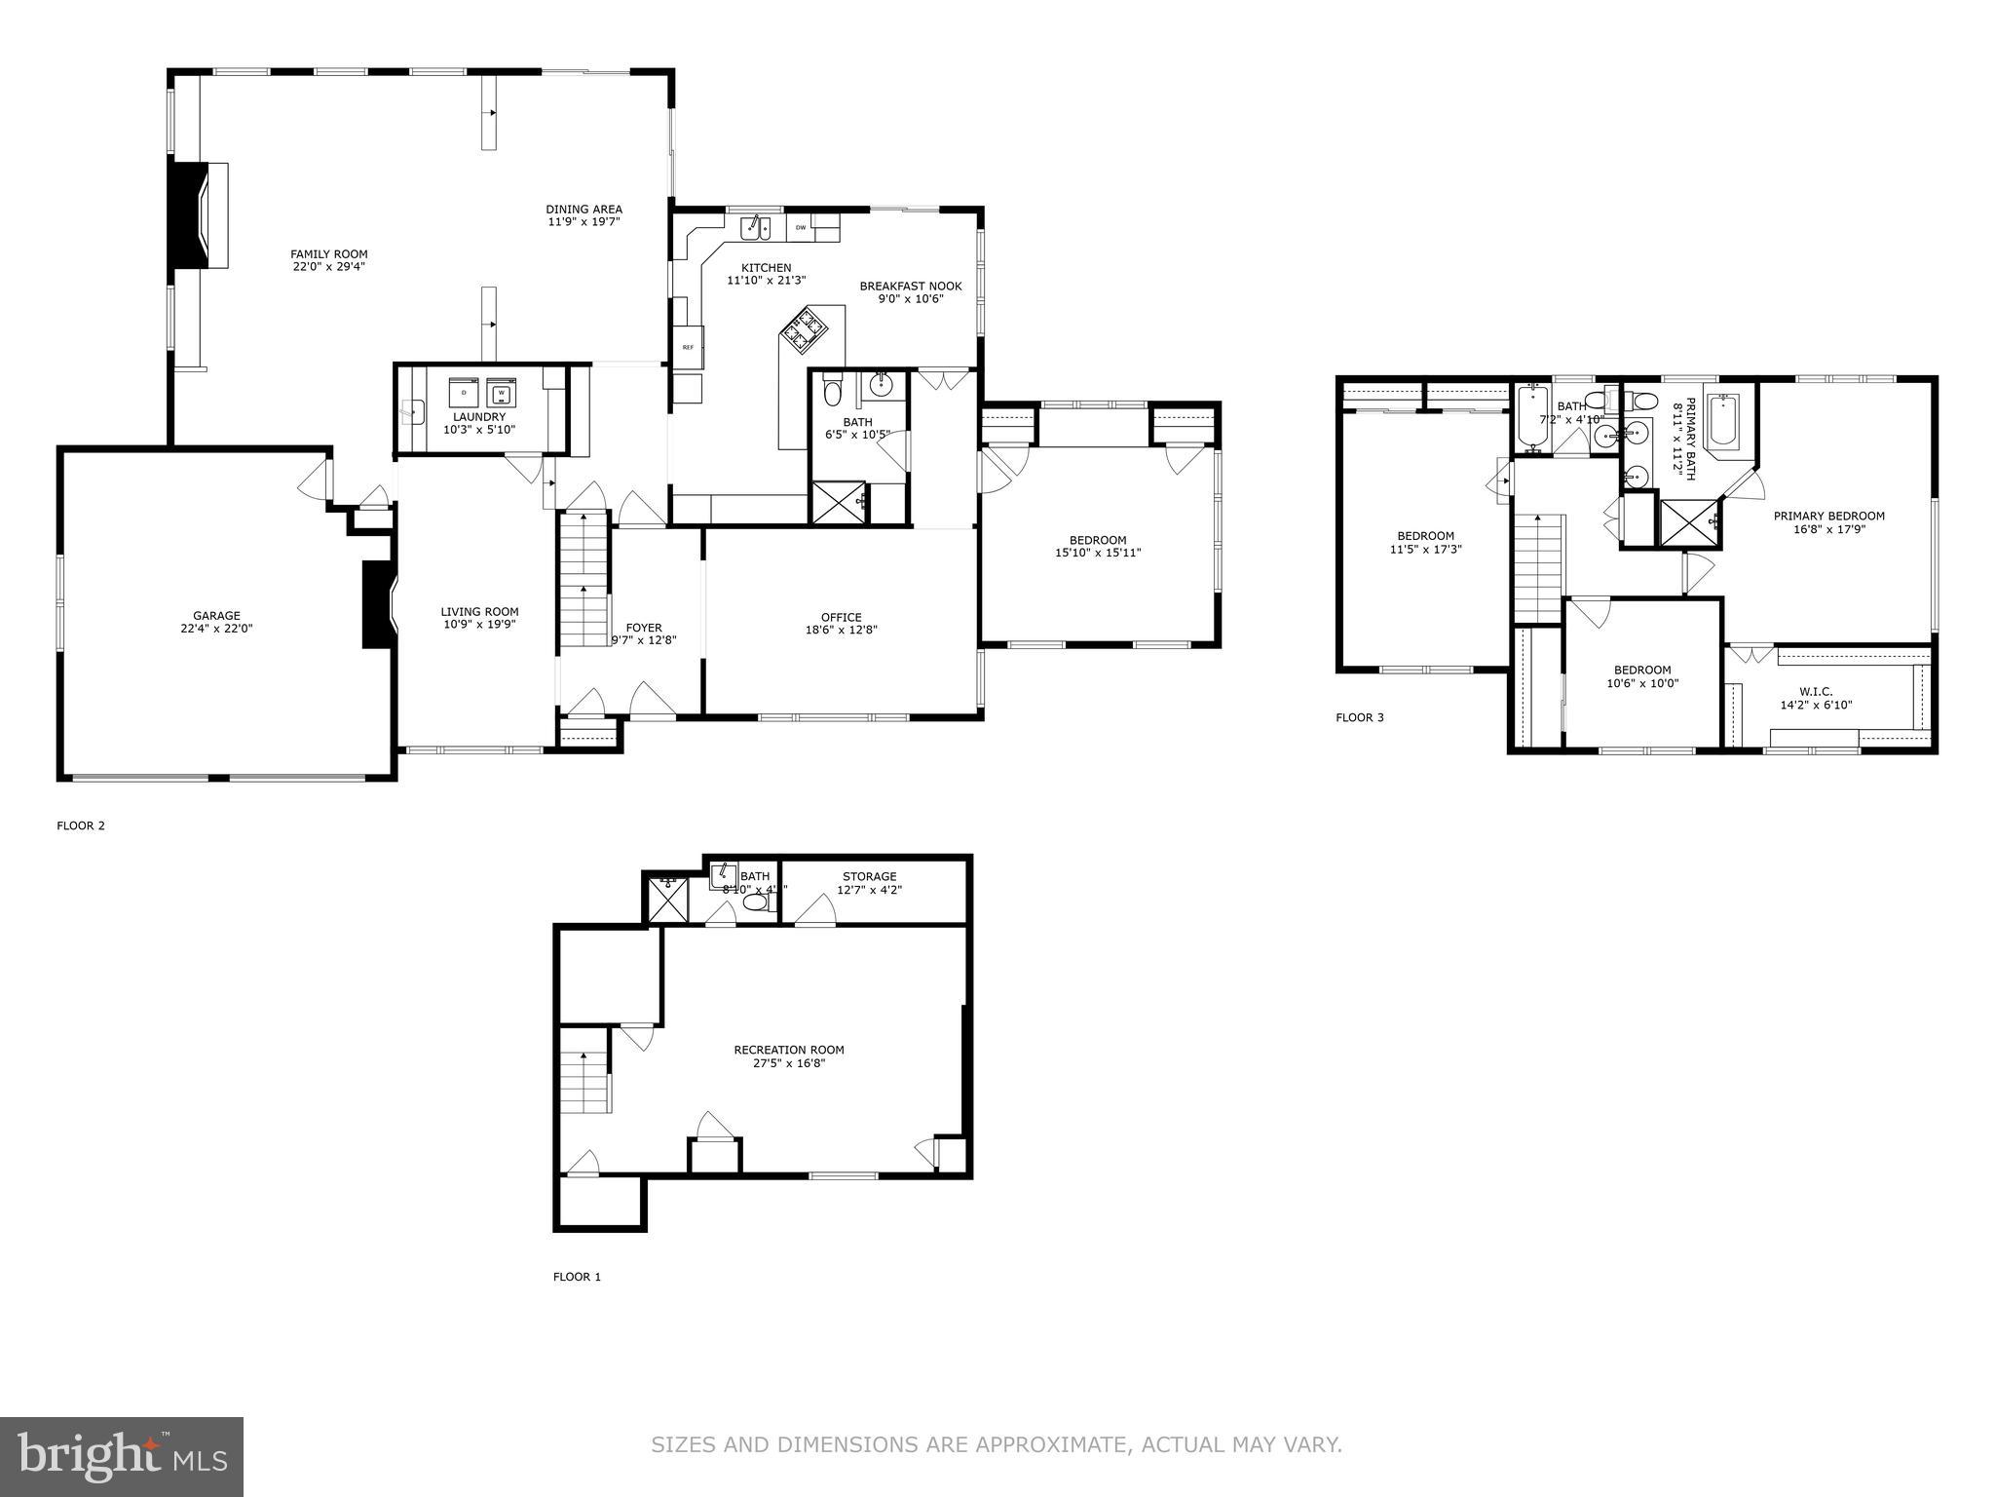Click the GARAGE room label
pos(216,616)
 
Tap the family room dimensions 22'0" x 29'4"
pos(328,267)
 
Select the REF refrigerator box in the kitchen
pos(688,347)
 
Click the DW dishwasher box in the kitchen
pos(801,228)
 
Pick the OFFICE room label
pos(841,617)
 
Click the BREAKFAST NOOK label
pos(910,287)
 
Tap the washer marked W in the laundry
pos(501,393)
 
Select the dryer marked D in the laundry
pos(464,393)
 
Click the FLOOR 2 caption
pos(81,825)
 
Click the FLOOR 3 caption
pos(1359,718)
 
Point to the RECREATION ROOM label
pos(788,1050)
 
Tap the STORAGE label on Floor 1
pos(869,876)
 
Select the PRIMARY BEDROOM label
pos(1828,517)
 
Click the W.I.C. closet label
pos(1816,691)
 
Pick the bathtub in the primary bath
pos(1723,422)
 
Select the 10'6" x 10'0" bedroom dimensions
pos(1642,683)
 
